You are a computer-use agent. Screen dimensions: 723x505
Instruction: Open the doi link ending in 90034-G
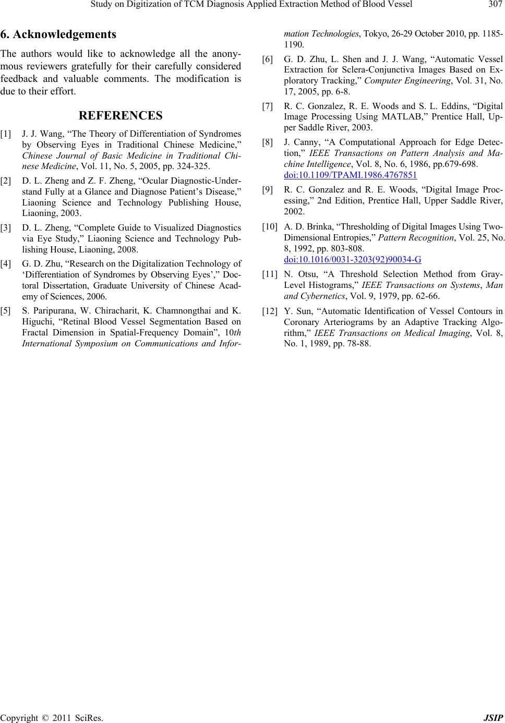(x=353, y=259)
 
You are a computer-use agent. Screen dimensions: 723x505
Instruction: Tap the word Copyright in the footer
(x=17, y=717)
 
